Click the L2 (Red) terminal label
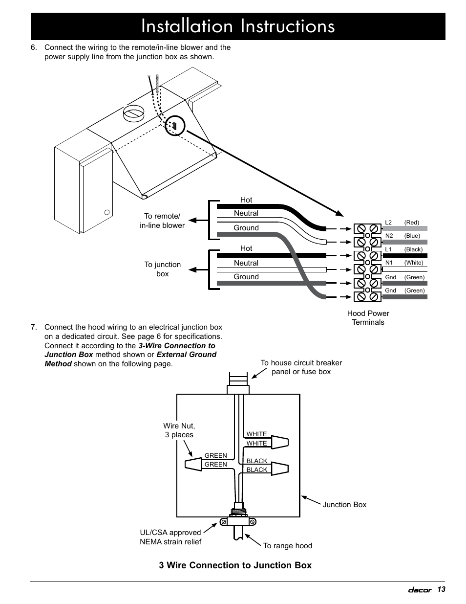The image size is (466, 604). [402, 223]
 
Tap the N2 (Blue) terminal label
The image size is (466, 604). [402, 236]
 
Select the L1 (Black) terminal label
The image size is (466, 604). [403, 249]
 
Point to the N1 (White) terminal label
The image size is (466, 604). [404, 263]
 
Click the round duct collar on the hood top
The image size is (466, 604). [133, 113]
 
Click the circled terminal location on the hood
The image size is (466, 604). [175, 125]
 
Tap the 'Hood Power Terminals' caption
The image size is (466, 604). [368, 318]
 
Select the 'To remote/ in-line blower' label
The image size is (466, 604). [162, 221]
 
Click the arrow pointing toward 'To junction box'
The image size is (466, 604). [198, 269]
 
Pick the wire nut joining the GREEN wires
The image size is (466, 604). [193, 464]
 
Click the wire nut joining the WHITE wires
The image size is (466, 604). [280, 442]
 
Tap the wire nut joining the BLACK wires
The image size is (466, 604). [280, 469]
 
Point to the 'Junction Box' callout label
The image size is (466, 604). [344, 505]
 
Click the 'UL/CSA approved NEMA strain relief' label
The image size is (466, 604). [170, 537]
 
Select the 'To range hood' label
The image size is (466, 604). [288, 546]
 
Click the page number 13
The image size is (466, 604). [441, 589]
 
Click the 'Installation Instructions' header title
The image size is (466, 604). [238, 26]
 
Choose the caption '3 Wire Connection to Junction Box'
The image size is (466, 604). [235, 565]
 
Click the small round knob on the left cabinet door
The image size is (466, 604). [107, 212]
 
